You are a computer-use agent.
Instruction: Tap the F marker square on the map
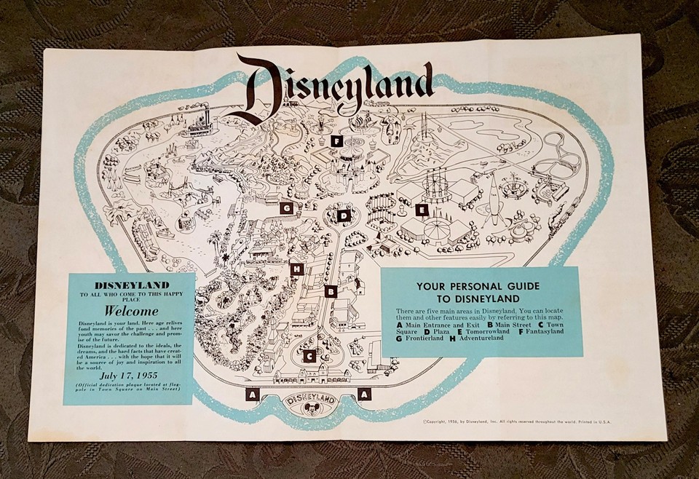click(x=336, y=141)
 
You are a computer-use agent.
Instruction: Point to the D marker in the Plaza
click(x=344, y=215)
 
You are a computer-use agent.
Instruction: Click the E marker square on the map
click(x=420, y=210)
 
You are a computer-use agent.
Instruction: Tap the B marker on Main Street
click(x=331, y=292)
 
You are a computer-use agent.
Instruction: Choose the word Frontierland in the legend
click(x=422, y=341)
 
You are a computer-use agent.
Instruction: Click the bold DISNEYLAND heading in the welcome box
click(x=128, y=285)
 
